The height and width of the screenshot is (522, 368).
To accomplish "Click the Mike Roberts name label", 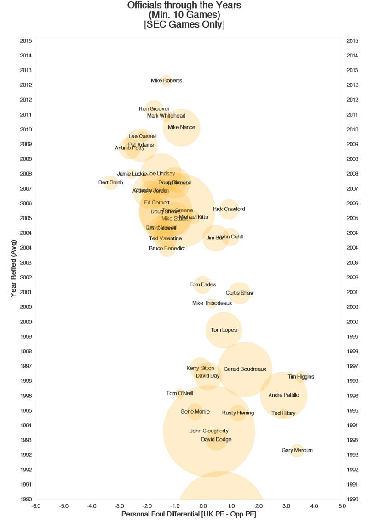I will [167, 81].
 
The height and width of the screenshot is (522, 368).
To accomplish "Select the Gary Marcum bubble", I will [297, 451].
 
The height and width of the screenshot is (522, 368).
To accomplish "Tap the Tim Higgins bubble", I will [301, 377].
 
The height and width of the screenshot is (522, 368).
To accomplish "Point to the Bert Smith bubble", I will [110, 183].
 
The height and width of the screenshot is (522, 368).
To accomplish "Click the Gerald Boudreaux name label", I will [245, 369].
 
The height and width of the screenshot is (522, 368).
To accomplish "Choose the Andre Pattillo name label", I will [284, 395].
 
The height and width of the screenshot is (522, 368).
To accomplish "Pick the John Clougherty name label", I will [209, 431].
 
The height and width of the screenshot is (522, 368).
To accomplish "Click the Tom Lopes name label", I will [224, 330].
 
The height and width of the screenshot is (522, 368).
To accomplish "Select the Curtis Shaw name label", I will [239, 293].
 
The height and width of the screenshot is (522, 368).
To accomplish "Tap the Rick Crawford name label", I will [229, 209].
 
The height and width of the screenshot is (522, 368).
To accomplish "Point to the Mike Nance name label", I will [182, 128].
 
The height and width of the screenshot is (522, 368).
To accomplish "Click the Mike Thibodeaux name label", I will [212, 303].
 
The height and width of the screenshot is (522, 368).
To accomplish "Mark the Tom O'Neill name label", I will [179, 393].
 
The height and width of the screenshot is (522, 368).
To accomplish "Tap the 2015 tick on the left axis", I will [26, 41].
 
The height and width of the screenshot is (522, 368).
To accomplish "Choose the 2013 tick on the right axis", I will [352, 70].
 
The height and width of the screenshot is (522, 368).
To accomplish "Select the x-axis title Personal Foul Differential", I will [189, 514].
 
